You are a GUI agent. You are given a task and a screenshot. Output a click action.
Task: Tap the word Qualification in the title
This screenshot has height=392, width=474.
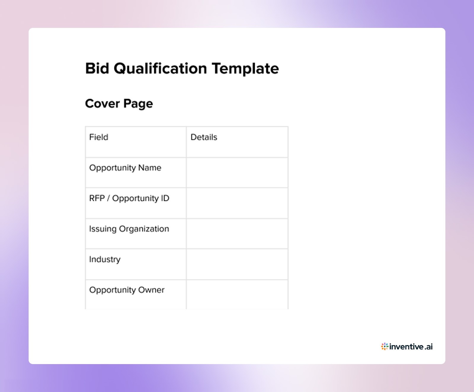160,68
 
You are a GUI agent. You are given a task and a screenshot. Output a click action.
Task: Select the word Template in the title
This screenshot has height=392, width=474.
245,68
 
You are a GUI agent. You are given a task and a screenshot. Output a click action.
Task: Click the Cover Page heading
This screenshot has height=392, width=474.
119,103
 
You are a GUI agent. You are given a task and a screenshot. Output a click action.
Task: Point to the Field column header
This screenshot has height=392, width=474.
99,137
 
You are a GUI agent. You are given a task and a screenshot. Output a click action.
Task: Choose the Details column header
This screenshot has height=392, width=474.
204,137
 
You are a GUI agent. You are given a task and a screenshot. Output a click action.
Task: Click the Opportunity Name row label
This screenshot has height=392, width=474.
125,168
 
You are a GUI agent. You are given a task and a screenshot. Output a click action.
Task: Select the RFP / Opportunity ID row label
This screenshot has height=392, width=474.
129,198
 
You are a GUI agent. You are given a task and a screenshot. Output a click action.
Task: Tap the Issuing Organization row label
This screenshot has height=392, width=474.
129,229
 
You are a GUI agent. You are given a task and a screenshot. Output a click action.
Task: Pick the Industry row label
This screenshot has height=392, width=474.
105,259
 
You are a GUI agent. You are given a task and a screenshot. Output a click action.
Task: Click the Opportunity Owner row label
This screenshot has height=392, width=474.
126,290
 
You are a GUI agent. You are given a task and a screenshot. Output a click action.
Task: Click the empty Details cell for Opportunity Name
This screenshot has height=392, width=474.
237,173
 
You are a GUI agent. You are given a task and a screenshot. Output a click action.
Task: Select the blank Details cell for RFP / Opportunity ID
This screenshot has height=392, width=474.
237,203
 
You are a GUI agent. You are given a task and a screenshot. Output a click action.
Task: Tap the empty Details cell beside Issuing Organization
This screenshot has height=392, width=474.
237,234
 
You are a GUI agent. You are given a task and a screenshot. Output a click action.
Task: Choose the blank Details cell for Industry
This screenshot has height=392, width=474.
237,264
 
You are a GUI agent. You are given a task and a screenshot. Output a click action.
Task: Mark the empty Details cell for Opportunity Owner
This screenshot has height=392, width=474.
237,294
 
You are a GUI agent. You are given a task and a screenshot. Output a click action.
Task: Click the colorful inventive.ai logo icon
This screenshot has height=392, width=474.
385,346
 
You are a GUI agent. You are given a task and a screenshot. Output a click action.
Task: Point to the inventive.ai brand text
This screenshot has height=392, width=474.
411,346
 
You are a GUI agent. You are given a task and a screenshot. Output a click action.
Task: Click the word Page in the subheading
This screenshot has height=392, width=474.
138,103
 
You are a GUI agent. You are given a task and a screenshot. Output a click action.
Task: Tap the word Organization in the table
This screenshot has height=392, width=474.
144,229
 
